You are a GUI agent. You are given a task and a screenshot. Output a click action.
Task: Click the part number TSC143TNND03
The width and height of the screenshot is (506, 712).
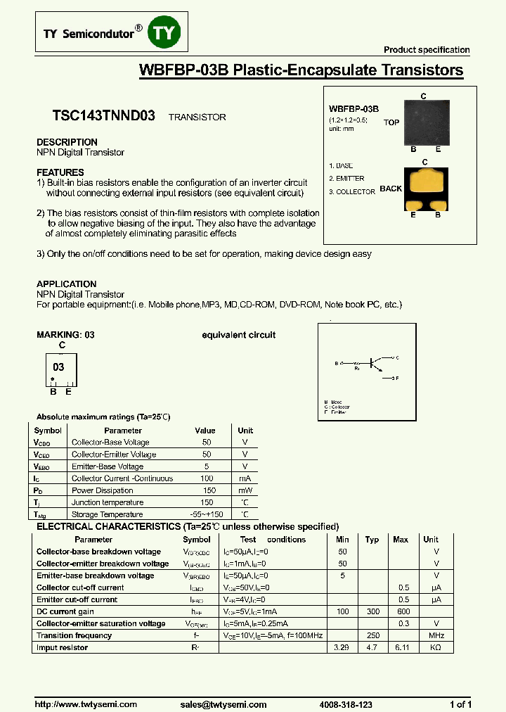click(x=104, y=117)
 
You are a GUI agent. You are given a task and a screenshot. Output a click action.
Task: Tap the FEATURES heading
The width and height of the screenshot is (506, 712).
click(x=60, y=172)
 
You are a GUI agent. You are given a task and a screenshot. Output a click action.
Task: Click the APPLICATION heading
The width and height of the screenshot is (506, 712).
click(x=67, y=284)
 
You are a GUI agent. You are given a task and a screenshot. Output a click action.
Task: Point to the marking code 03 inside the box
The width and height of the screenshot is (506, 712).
click(x=58, y=367)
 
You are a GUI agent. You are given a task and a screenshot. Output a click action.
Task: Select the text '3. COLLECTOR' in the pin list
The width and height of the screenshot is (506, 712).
click(x=352, y=192)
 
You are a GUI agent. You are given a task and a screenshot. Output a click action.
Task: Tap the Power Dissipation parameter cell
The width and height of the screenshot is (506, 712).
click(x=103, y=490)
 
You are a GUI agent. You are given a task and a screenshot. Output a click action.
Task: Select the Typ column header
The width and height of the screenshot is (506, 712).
click(x=372, y=540)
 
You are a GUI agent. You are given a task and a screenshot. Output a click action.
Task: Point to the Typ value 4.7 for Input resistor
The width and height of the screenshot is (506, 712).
click(x=372, y=647)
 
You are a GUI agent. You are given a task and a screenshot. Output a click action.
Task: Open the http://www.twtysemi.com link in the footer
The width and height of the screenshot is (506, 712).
click(x=86, y=704)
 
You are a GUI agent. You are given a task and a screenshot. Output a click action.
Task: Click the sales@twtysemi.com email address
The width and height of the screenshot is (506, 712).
click(x=223, y=704)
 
